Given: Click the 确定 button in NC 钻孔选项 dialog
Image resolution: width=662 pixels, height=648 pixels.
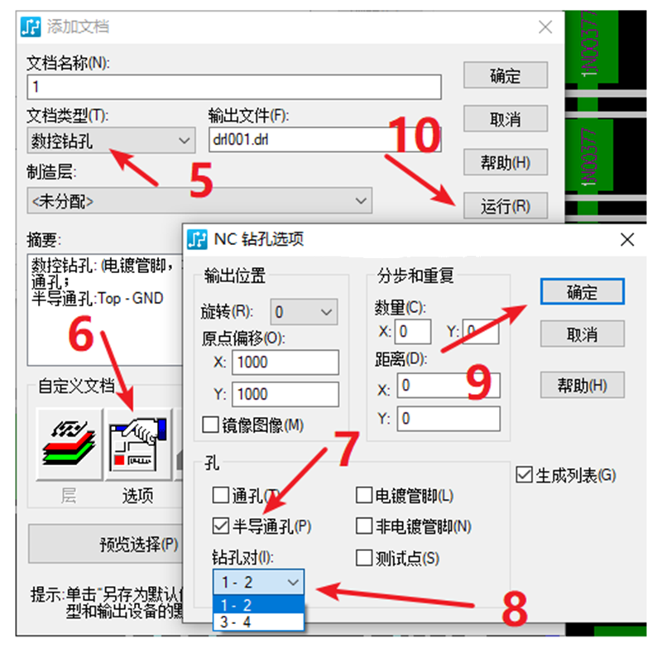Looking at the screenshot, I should (x=581, y=291).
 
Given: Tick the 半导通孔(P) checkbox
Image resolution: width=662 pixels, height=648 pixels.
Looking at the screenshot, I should (x=220, y=526).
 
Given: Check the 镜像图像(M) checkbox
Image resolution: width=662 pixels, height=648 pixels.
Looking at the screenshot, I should (x=210, y=425).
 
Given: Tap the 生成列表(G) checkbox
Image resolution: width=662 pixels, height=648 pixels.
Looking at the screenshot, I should (x=523, y=475).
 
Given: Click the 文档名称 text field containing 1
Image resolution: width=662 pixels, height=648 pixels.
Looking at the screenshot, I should (x=234, y=87).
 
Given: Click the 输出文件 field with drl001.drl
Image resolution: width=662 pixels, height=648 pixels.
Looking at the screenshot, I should (x=324, y=140).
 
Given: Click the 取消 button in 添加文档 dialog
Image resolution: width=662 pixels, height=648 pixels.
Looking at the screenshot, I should (x=505, y=119).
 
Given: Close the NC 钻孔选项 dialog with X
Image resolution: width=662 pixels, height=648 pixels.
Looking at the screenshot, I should (x=626, y=240).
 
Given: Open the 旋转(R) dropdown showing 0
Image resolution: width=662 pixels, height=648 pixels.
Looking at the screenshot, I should (x=304, y=313).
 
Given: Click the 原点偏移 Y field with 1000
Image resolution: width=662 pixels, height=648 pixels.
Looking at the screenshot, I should (x=285, y=394).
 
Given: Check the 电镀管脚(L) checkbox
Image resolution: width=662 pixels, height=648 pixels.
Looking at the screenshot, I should (x=363, y=496).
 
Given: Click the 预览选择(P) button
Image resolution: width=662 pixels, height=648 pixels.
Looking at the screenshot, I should (x=105, y=544).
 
